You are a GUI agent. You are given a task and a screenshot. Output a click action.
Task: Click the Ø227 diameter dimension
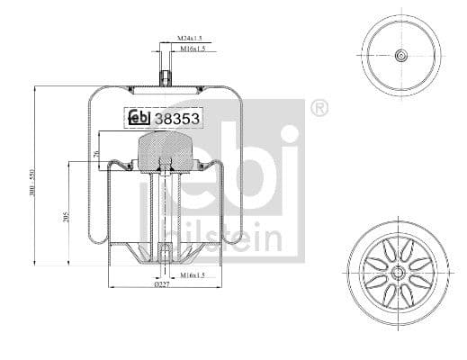(x=162, y=285)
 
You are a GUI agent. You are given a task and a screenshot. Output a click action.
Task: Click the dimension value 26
(x=96, y=154)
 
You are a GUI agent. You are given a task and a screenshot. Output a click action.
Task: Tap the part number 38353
(x=177, y=116)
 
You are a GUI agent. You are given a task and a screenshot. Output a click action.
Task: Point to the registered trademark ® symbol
(x=319, y=110)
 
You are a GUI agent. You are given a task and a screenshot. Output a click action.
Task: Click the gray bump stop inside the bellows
(x=166, y=148)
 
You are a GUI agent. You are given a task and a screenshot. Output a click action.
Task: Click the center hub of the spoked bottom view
(x=397, y=271)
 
